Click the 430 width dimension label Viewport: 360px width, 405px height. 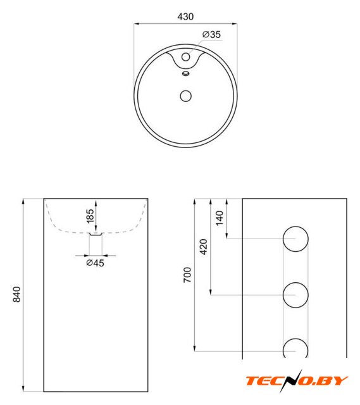pos(185,17)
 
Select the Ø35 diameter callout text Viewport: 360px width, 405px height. pos(211,34)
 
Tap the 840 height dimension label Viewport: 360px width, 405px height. pos(17,294)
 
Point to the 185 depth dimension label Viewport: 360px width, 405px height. pos(90,216)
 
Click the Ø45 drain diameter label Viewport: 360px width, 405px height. pos(95,263)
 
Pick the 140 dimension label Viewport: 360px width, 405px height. pos(220,218)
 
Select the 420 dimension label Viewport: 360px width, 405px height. pos(204,247)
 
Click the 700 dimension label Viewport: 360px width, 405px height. pos(187,275)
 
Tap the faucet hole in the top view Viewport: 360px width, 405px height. pos(185,57)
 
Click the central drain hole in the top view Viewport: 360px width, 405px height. pos(185,96)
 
